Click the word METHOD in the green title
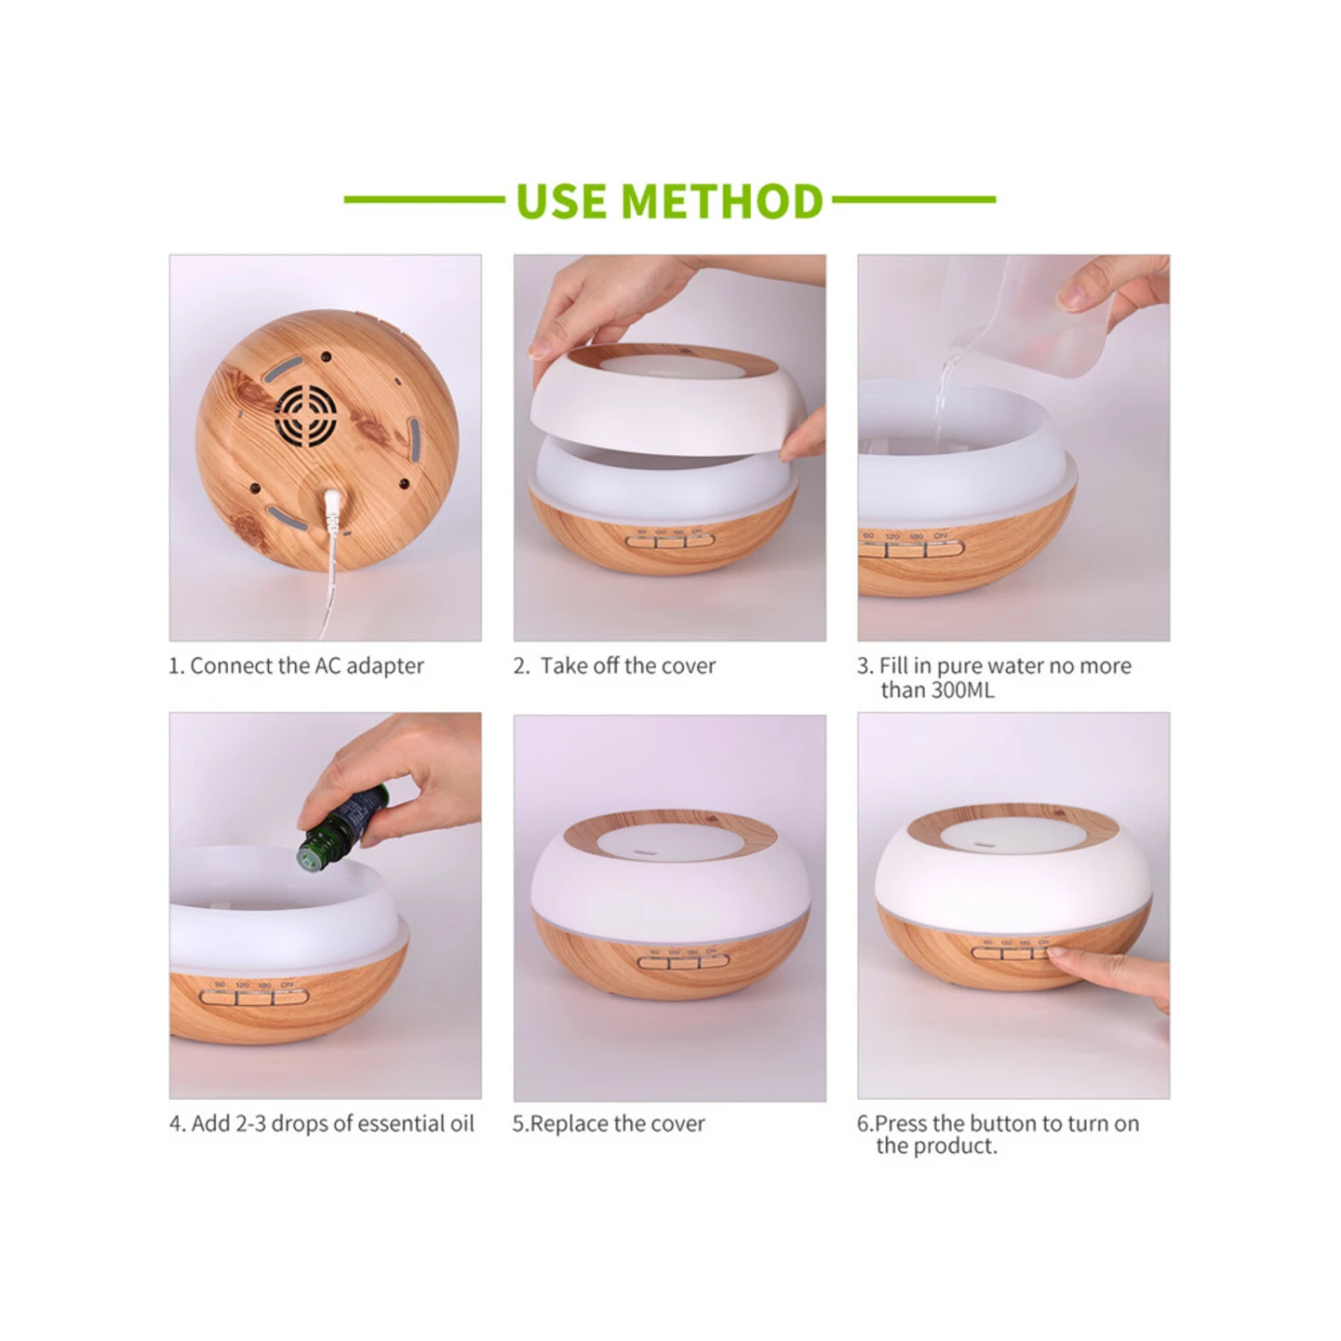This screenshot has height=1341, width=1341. tap(721, 201)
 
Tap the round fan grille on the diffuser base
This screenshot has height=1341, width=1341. tap(306, 416)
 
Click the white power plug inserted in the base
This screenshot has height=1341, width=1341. tap(334, 509)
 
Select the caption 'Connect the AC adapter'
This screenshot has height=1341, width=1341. tap(307, 666)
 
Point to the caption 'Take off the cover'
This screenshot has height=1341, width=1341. tap(628, 666)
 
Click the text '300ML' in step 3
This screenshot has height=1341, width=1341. tap(962, 690)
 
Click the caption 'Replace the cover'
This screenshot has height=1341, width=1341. tap(617, 1124)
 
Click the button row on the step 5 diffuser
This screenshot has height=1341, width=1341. tap(683, 962)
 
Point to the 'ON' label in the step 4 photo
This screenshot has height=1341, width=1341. tap(287, 984)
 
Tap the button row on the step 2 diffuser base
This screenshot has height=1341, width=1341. tap(670, 540)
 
